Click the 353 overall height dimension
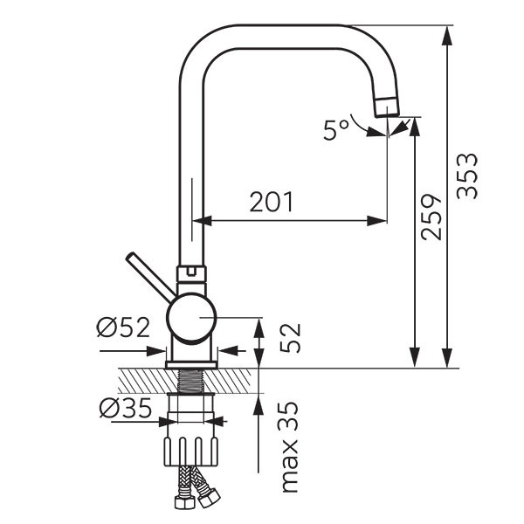pos(467,176)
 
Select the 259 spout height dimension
pos(431,217)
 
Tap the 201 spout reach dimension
pos(272,202)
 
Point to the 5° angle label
pos(335,129)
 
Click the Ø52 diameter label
pos(123,327)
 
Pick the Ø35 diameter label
pos(126,409)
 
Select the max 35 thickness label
pos(289,447)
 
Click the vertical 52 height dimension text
pos(290,338)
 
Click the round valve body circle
pos(191,318)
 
